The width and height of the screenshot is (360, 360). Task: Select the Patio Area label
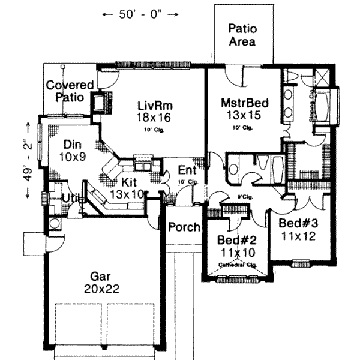242,35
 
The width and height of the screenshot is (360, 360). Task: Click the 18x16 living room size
154,118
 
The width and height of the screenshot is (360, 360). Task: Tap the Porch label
183,227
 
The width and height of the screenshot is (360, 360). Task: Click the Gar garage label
100,276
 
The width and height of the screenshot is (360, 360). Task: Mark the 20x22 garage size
102,289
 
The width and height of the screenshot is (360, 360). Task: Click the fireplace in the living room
98,104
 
